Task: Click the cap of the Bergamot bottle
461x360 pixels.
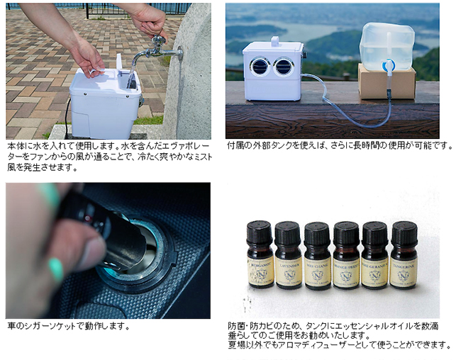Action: pos(259,232)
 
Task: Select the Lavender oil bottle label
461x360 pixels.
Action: pos(289,272)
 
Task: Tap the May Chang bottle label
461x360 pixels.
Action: pos(317,273)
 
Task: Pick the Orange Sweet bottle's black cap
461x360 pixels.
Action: pos(346,233)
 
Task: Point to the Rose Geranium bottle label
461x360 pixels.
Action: pos(374,273)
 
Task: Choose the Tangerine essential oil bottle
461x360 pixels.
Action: pos(404,254)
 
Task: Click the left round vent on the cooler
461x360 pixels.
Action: pos(260,66)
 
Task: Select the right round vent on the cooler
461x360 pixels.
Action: pos(284,67)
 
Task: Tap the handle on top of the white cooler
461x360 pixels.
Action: pos(275,41)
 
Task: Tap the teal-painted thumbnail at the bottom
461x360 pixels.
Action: pos(57,269)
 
